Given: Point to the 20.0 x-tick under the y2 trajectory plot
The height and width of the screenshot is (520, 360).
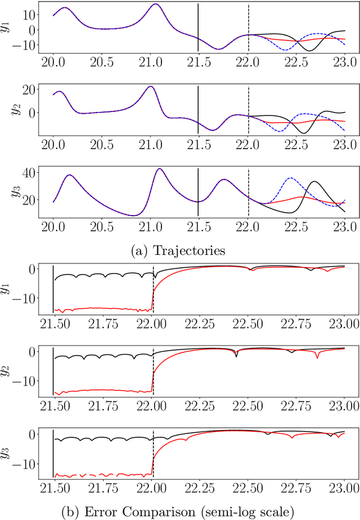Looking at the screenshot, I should click(x=53, y=146).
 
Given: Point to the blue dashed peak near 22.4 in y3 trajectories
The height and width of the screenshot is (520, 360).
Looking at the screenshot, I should click(x=289, y=179).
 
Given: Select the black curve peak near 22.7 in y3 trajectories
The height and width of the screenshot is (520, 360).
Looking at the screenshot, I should click(x=314, y=182).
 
